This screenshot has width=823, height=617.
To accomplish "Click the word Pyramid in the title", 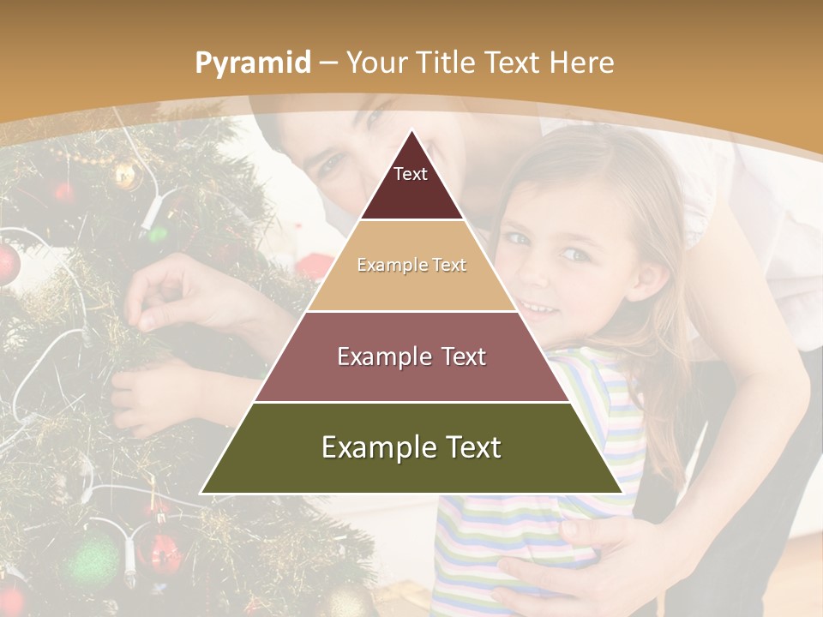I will point(253,63).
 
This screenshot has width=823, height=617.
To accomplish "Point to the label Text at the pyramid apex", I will point(411,174).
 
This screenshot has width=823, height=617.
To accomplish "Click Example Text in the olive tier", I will point(411,447).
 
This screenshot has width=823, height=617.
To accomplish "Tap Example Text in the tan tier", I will point(411,265).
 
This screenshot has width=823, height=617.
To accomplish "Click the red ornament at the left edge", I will point(7,263).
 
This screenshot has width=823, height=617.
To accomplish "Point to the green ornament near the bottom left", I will point(91,561).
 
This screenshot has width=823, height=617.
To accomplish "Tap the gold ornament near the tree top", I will point(125,175).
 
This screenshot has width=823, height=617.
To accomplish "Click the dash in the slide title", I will point(327,63).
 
